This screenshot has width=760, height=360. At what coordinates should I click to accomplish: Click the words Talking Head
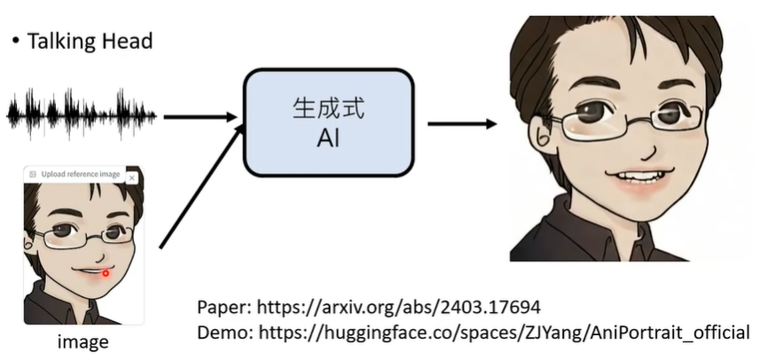(x=90, y=41)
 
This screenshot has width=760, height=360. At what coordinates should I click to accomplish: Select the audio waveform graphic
(x=82, y=113)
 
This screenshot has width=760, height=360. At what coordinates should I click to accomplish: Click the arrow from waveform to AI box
(x=200, y=116)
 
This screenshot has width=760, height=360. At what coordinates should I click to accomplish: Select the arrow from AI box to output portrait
(x=461, y=124)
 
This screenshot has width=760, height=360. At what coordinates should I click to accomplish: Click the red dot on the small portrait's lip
(x=106, y=272)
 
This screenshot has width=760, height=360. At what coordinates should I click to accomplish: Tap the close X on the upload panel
(x=132, y=177)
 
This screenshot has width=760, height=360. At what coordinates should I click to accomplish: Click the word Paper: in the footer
(x=224, y=307)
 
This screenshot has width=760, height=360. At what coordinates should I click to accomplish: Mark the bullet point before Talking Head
(x=16, y=41)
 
